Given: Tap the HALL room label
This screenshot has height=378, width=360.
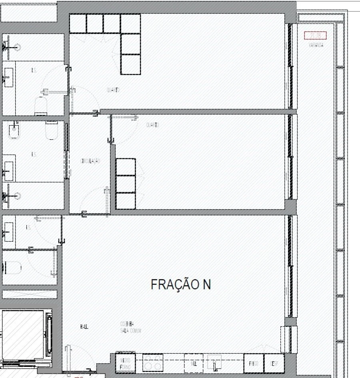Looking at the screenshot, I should (84, 327).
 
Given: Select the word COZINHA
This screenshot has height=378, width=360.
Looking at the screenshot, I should (127, 324).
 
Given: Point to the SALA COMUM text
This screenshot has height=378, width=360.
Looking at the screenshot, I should (130, 330).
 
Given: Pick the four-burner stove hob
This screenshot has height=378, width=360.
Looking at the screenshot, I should (153, 363).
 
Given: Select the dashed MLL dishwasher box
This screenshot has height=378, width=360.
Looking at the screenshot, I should (194, 363).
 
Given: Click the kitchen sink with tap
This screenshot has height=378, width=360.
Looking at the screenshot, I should (214, 363).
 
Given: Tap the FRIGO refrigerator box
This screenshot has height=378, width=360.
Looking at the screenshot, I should (254, 363).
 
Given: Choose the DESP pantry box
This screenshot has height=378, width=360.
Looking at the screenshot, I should (274, 363).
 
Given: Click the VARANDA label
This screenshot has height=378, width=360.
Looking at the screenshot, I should (316, 45).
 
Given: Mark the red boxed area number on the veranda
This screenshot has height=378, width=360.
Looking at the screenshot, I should (316, 36).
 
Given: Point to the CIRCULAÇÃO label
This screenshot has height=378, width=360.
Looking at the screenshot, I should (90, 161).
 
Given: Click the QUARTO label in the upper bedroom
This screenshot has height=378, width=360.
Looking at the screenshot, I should (113, 90).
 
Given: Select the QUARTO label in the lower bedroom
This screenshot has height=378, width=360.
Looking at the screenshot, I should (152, 125).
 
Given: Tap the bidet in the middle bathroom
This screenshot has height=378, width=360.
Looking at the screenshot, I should (14, 131).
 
